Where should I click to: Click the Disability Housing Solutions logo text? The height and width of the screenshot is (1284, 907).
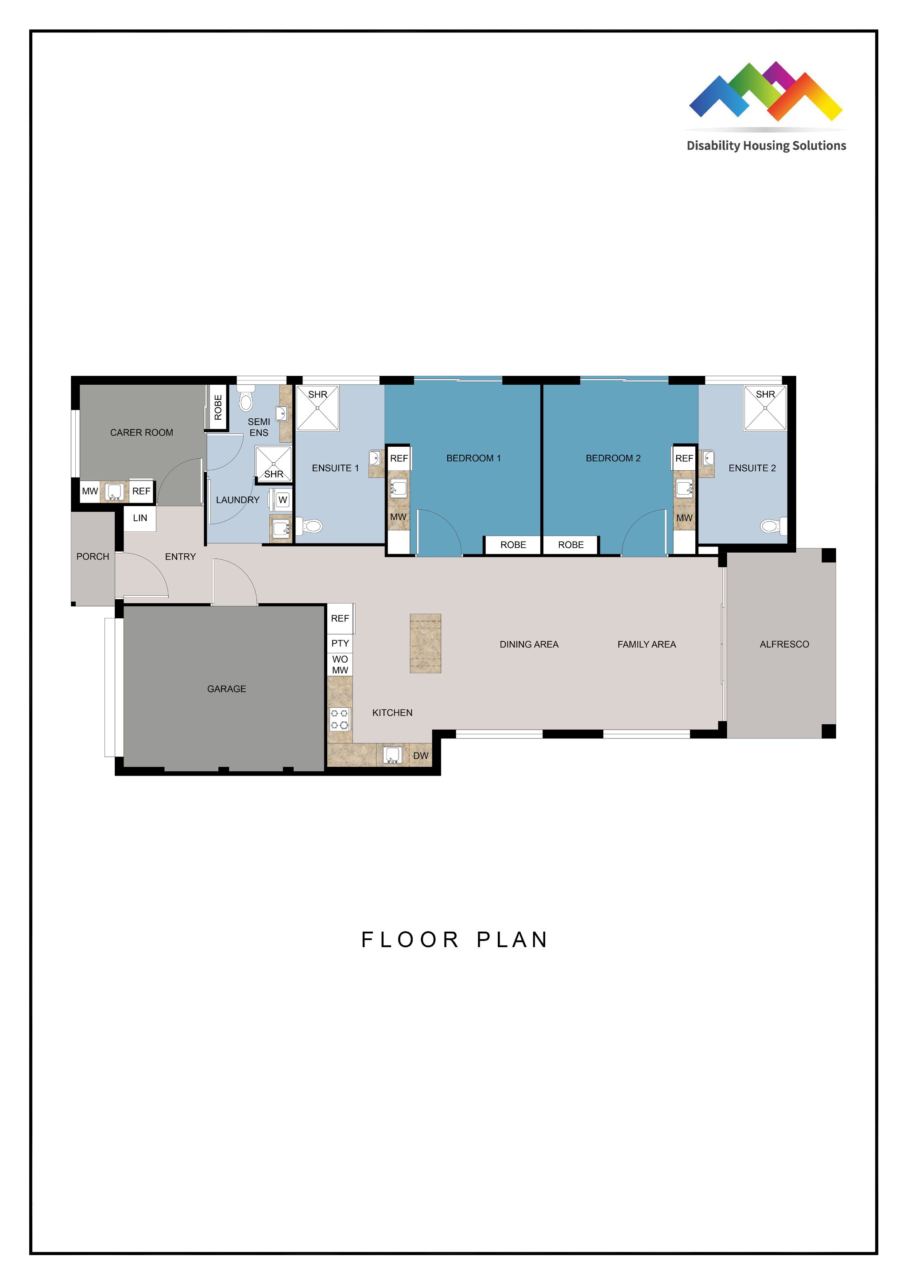pos(766,146)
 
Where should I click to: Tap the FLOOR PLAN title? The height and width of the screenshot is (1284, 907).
pos(455,940)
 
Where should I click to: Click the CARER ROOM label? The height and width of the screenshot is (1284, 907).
pos(141,432)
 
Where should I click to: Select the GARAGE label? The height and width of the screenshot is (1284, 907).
pos(226,689)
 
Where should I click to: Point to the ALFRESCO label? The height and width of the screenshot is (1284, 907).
pos(784,644)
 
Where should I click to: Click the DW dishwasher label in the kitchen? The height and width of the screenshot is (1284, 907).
pos(421,756)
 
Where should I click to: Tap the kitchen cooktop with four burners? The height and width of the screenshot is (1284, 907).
pos(340,719)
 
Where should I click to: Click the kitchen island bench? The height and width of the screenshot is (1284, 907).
pos(425,643)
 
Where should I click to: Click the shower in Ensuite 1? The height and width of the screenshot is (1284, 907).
pos(318,408)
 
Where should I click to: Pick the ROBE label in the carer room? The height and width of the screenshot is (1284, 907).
pos(218,407)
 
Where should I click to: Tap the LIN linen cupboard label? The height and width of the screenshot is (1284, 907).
pos(140,518)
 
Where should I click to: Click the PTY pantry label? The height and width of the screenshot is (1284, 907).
pos(340,643)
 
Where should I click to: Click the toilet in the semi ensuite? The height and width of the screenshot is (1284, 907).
pos(246,398)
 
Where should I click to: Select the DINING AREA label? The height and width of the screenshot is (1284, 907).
pos(529,644)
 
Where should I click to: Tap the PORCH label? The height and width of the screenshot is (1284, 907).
pos(93,556)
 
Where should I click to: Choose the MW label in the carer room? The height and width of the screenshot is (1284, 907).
pos(90,492)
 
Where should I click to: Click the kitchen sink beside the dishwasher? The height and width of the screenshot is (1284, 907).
pos(393,755)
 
